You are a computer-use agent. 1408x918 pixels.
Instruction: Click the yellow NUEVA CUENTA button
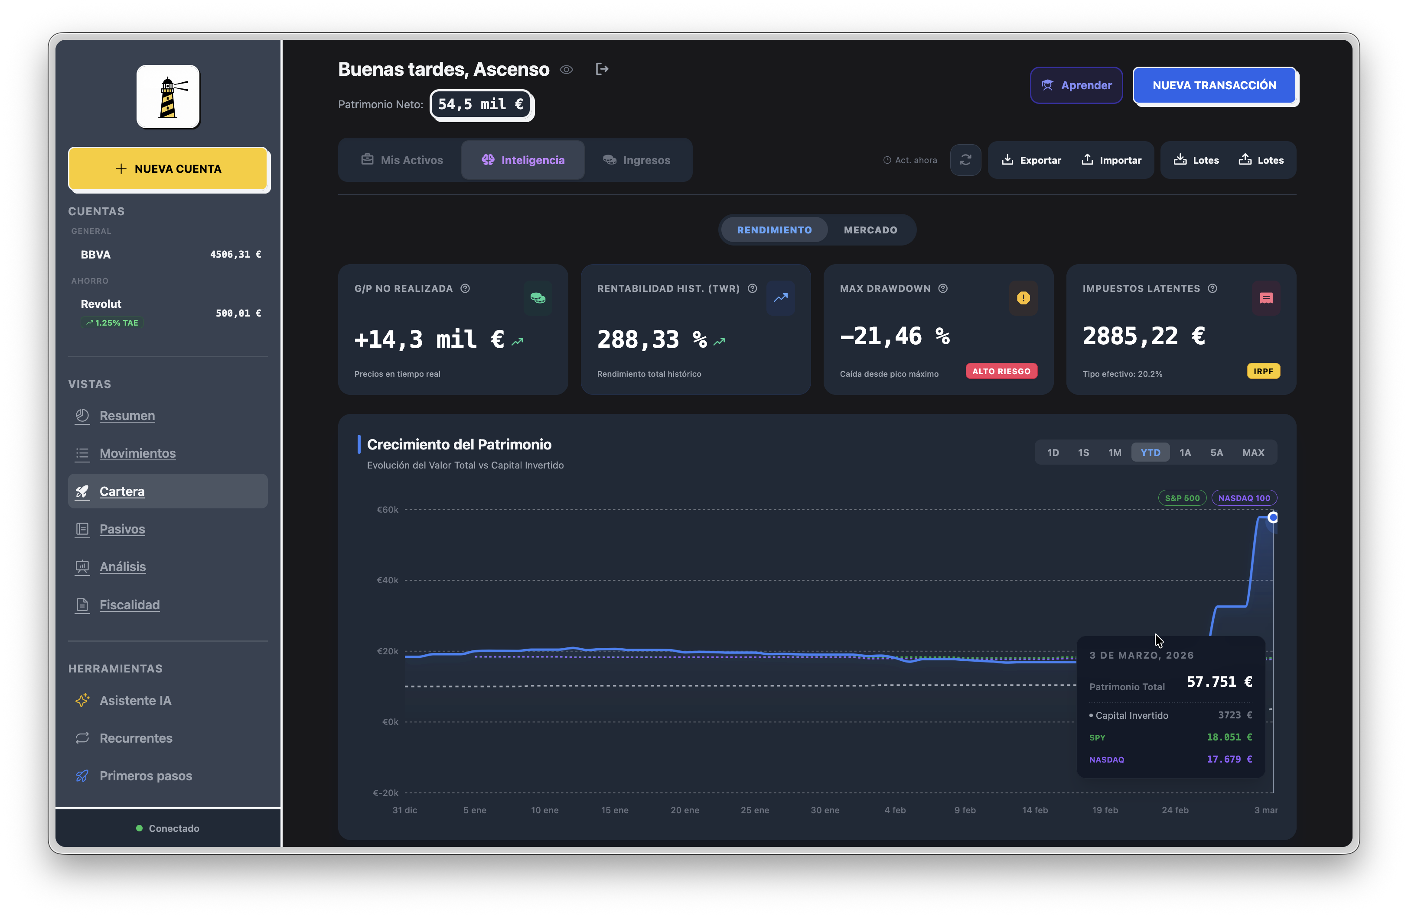point(169,169)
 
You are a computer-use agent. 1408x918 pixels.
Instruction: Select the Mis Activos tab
point(402,160)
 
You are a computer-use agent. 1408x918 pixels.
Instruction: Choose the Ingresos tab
point(636,160)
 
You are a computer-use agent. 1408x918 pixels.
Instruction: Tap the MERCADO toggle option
point(870,230)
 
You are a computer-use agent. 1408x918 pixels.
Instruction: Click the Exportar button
point(1031,160)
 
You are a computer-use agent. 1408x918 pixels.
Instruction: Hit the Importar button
point(1111,160)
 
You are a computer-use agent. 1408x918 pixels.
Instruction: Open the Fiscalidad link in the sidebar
point(130,604)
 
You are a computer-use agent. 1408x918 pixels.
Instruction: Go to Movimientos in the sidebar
point(137,453)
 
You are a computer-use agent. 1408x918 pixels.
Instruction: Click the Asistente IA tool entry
point(136,701)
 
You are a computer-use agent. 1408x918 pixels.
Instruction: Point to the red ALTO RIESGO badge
point(1001,371)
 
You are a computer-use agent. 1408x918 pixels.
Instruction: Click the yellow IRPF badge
point(1263,371)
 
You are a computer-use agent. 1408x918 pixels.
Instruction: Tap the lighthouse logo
point(168,97)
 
